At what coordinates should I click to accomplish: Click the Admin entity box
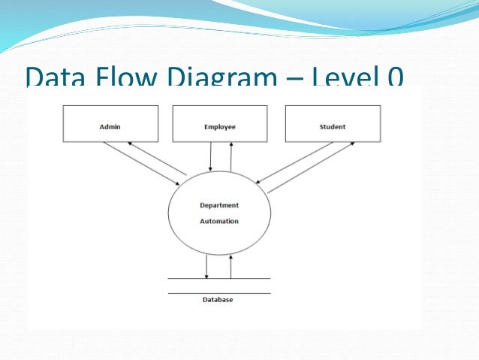coord(110,124)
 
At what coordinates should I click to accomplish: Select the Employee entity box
coord(219,124)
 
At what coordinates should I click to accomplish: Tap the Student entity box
coord(332,124)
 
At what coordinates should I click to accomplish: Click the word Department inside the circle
coord(219,205)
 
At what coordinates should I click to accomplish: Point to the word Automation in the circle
coord(219,221)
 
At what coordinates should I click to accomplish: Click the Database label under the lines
coord(218,300)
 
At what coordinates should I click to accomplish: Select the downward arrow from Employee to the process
coord(211,156)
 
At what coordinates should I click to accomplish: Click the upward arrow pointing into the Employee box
coord(230,156)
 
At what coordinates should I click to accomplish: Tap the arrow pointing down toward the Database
coord(206,266)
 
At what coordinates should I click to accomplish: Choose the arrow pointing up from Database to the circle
coord(230,266)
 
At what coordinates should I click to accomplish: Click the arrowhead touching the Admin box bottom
coord(130,144)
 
